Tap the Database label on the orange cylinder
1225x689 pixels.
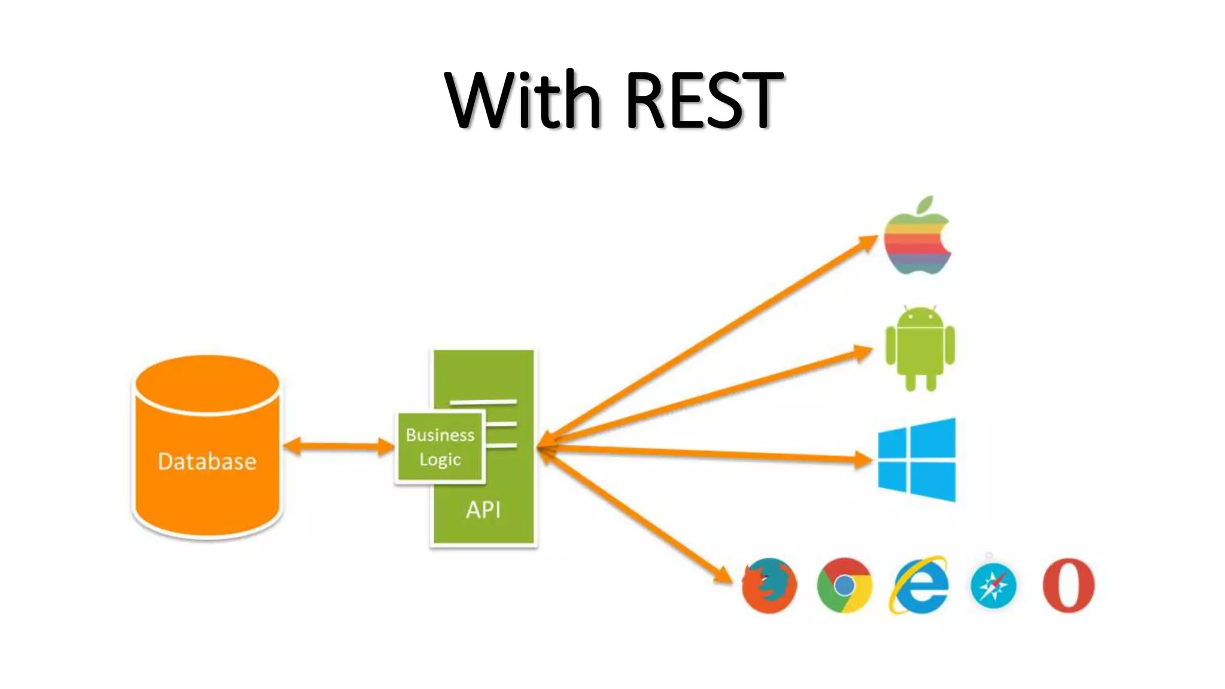click(207, 461)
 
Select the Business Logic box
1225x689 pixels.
click(440, 447)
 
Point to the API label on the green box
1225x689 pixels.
click(483, 510)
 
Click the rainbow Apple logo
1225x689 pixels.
click(917, 242)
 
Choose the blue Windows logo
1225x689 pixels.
click(916, 459)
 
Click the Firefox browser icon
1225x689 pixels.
click(769, 586)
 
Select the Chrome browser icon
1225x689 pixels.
click(844, 586)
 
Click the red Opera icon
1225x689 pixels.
click(1068, 586)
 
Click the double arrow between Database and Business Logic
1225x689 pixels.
click(338, 446)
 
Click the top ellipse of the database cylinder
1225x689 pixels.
click(208, 383)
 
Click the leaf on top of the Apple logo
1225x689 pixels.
click(925, 204)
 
